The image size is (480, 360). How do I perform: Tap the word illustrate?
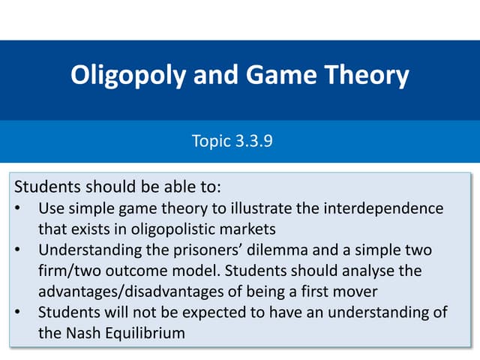pos(247,207)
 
